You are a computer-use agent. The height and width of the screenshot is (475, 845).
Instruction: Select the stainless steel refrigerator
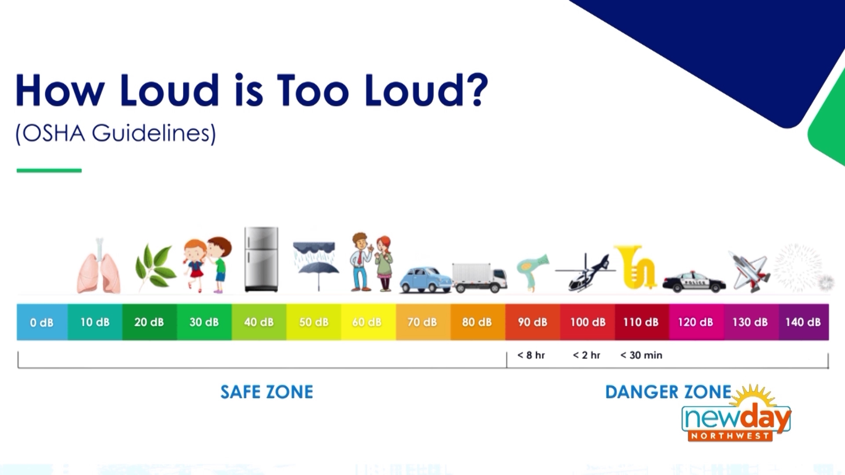[x=261, y=259]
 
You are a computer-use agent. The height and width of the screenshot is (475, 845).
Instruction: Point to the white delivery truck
[x=479, y=278]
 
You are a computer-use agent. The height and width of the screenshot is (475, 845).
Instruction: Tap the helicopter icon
[x=585, y=273]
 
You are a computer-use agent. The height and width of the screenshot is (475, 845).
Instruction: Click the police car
[x=694, y=281]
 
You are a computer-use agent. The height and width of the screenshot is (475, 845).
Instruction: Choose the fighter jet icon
[x=749, y=270]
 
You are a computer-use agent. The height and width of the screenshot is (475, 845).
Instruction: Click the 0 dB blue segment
[x=42, y=322]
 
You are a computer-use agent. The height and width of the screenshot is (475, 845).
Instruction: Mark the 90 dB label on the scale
[x=532, y=322]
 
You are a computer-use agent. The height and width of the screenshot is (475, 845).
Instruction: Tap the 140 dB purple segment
[x=803, y=322]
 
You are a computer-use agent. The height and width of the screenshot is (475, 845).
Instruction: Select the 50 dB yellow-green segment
[x=314, y=322]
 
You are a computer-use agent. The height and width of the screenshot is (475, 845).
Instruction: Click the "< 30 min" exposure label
[x=641, y=355]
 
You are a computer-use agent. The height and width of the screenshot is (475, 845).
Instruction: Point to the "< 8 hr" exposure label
[x=531, y=355]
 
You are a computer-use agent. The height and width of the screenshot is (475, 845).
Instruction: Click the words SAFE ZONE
[x=267, y=392]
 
